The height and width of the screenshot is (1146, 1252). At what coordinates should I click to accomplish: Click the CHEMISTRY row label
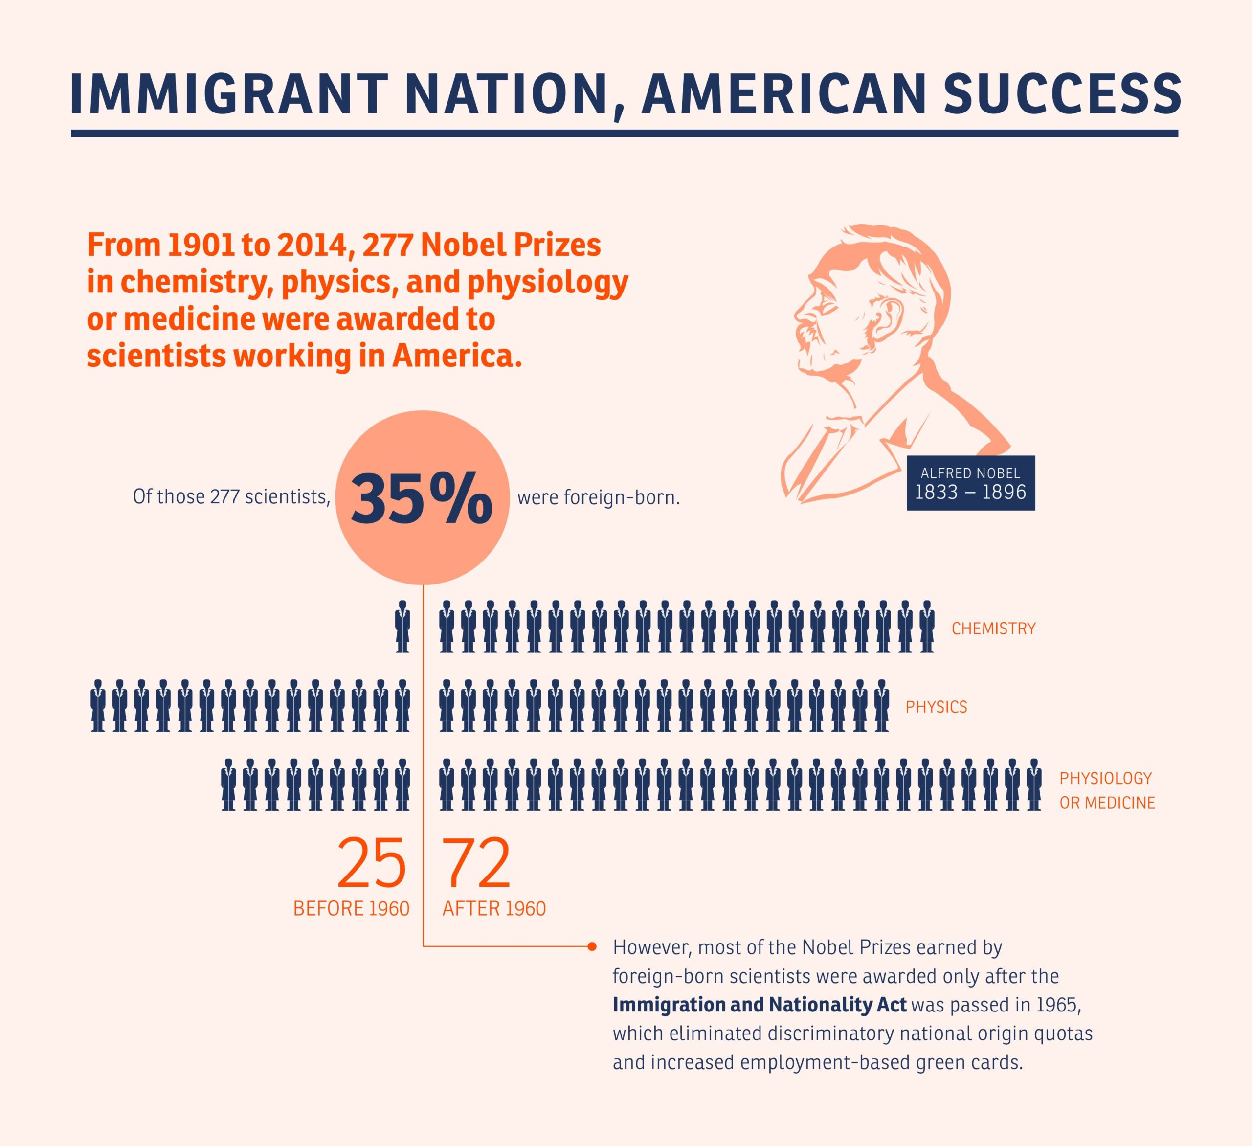[x=993, y=629]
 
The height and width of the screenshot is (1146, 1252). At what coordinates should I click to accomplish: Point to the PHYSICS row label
[x=936, y=707]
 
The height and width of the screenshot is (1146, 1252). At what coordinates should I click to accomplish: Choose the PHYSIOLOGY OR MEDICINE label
[x=1107, y=790]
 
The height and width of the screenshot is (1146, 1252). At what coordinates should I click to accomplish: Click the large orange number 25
[x=371, y=864]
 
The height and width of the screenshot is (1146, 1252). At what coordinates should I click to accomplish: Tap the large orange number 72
[x=476, y=864]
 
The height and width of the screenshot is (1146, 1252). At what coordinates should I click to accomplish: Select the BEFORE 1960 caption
[x=351, y=909]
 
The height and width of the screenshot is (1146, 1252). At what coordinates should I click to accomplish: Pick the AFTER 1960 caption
[x=494, y=909]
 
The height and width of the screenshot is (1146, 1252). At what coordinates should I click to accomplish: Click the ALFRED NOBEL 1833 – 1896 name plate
[x=971, y=483]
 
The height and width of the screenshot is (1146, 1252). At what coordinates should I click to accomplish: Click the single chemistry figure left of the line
[x=402, y=627]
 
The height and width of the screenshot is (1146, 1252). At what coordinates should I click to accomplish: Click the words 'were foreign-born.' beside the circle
[x=598, y=497]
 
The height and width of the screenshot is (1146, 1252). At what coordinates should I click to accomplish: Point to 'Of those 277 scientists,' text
[x=231, y=497]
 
